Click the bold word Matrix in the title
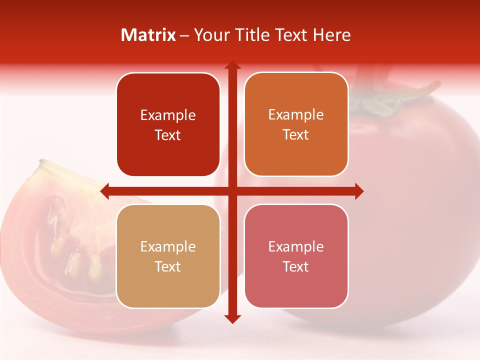[148, 35]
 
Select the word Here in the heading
[331, 35]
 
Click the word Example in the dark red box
[168, 115]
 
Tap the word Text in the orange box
[296, 135]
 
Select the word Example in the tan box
[168, 247]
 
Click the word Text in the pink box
[296, 266]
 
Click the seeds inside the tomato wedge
[75, 250]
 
